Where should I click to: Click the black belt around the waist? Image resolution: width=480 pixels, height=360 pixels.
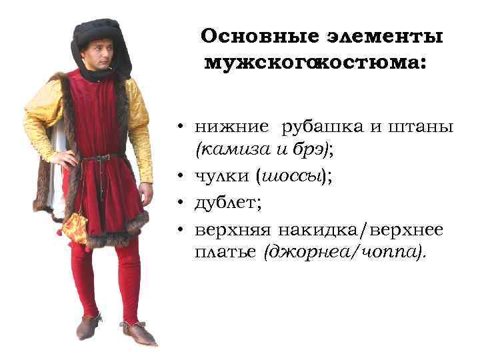pos(100,157)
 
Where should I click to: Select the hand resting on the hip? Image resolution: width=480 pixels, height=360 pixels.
pos(63,159)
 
